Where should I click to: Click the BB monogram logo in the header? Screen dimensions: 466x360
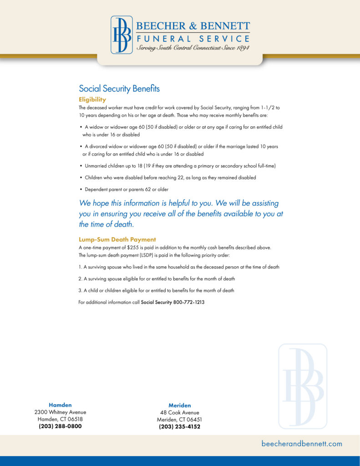point(122,35)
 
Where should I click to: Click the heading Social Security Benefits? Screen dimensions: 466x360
point(119,89)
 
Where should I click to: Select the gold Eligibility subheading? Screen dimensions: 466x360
point(92,99)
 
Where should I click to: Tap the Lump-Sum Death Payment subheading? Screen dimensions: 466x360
point(117,239)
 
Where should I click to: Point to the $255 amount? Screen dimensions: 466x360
point(132,248)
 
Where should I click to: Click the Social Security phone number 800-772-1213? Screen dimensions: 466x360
point(189,302)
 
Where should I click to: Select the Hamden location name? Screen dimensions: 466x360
point(60,405)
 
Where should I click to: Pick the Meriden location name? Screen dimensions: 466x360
point(180,405)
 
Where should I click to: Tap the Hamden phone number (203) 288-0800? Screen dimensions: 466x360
point(60,426)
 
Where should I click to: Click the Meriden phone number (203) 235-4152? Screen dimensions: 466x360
point(180,427)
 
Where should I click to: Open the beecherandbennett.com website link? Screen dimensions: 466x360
point(302,444)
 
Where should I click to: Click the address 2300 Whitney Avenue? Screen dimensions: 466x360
point(60,412)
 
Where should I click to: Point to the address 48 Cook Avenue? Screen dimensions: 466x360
point(180,413)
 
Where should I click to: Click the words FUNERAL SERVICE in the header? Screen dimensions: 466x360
point(193,39)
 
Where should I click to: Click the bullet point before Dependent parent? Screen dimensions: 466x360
point(81,189)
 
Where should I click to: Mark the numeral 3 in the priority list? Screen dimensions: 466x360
point(80,290)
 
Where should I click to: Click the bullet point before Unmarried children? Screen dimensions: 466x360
point(81,166)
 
